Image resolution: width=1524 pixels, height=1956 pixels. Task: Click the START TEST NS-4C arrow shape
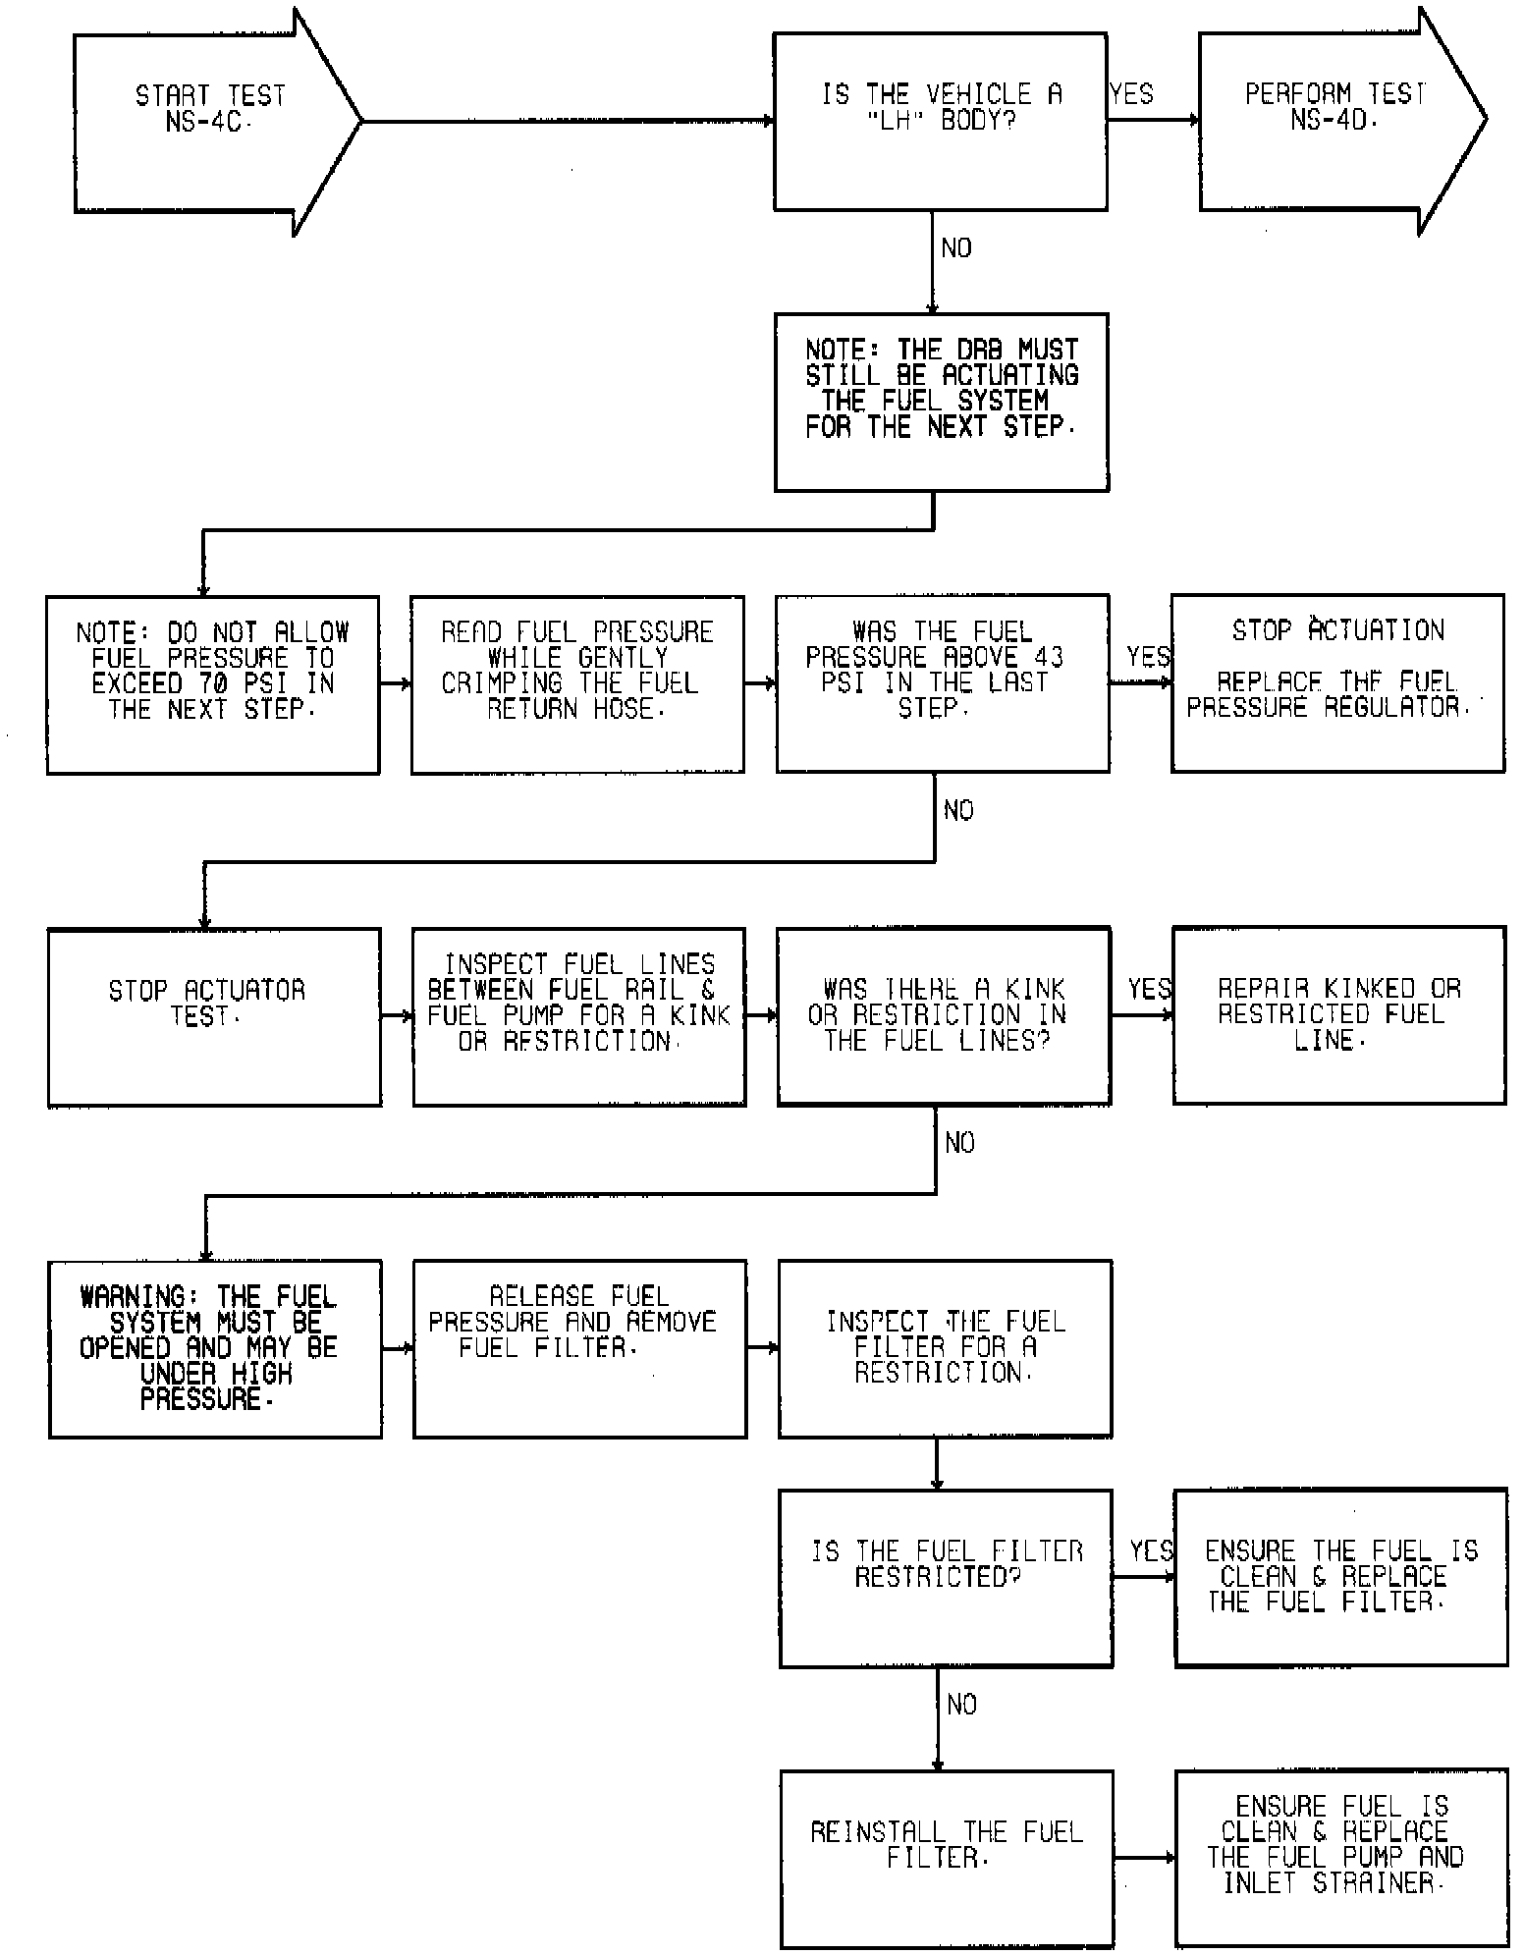click(x=211, y=121)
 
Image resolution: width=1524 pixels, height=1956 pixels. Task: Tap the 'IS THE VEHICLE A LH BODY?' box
click(x=941, y=121)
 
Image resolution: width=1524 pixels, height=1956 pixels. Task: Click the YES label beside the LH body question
click(x=1131, y=94)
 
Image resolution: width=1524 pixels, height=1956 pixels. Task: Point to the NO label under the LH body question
click(x=955, y=248)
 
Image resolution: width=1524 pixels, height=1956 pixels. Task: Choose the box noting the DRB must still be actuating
click(x=941, y=402)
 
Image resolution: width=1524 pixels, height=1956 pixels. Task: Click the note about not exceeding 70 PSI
click(x=213, y=684)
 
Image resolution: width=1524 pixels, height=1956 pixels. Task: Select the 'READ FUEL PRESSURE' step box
click(x=577, y=684)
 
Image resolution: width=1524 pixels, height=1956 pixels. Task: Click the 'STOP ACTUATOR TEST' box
click(x=214, y=1016)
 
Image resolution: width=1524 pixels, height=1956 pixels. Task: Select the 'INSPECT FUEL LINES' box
click(x=578, y=1016)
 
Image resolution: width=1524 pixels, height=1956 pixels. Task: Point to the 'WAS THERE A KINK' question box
click(x=943, y=1015)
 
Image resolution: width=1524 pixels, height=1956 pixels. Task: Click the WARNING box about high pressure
click(x=215, y=1348)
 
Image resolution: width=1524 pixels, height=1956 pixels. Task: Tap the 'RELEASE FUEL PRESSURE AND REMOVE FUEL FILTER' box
click(x=579, y=1348)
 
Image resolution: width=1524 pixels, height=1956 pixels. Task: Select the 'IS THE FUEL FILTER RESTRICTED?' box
click(x=946, y=1578)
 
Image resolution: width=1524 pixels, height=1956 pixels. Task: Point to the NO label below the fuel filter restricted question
click(x=961, y=1705)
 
